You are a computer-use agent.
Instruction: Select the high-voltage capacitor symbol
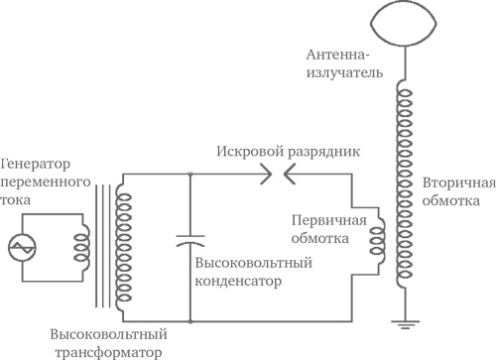click(x=188, y=242)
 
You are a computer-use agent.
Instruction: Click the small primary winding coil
click(x=377, y=242)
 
